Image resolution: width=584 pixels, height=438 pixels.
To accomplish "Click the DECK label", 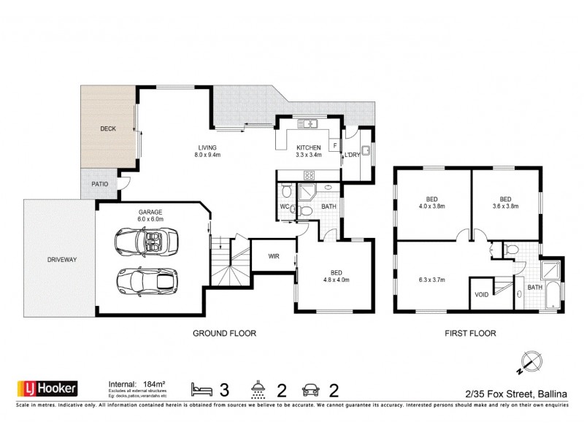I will (x=108, y=128).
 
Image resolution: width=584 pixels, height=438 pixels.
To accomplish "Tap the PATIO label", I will (x=100, y=184).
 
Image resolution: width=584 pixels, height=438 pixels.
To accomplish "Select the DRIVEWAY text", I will (x=62, y=259).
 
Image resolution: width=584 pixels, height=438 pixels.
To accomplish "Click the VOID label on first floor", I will (x=481, y=295).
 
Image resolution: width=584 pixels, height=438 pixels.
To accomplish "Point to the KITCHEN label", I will (x=308, y=147).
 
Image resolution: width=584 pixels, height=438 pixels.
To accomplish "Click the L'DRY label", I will (x=353, y=155).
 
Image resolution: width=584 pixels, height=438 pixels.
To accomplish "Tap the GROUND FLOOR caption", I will (x=223, y=333).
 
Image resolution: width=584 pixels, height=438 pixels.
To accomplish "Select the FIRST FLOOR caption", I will (x=471, y=333).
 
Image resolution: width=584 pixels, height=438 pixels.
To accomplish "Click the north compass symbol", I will (x=532, y=361).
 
